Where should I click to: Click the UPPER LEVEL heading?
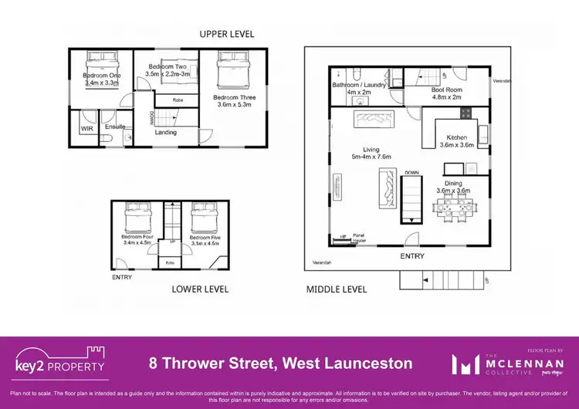click(226, 34)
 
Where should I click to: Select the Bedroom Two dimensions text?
click(168, 75)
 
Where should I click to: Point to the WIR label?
click(86, 129)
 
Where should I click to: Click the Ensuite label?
click(115, 127)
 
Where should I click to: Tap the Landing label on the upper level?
click(166, 132)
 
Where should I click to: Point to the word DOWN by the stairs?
click(411, 173)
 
